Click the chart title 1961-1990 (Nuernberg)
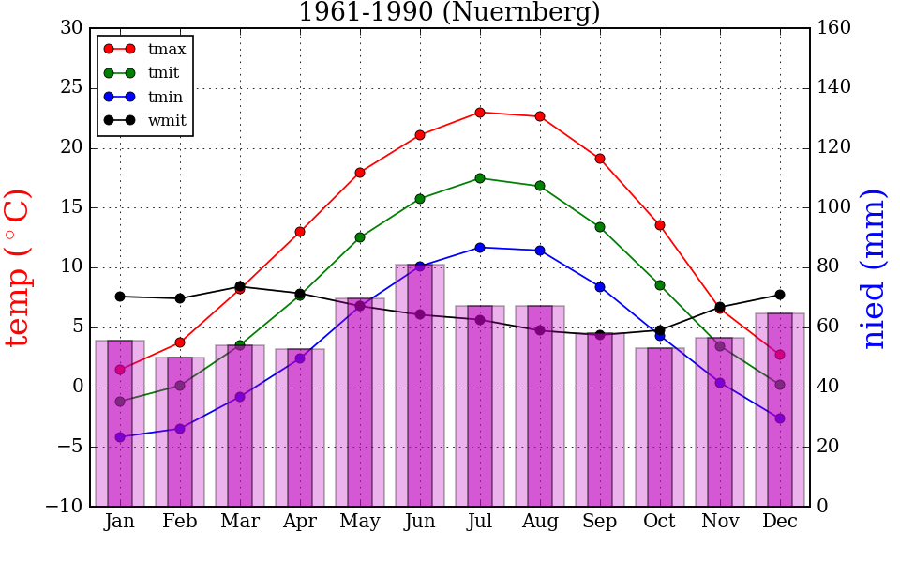point(449,12)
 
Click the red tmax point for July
point(480,113)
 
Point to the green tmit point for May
point(360,237)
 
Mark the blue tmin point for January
point(120,437)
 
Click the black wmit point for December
point(780,295)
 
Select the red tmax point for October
point(660,225)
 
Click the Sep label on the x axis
point(600,522)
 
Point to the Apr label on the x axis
point(300,522)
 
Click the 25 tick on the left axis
point(72,88)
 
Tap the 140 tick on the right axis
point(834,87)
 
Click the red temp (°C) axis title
point(19,267)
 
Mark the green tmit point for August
point(540,186)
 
